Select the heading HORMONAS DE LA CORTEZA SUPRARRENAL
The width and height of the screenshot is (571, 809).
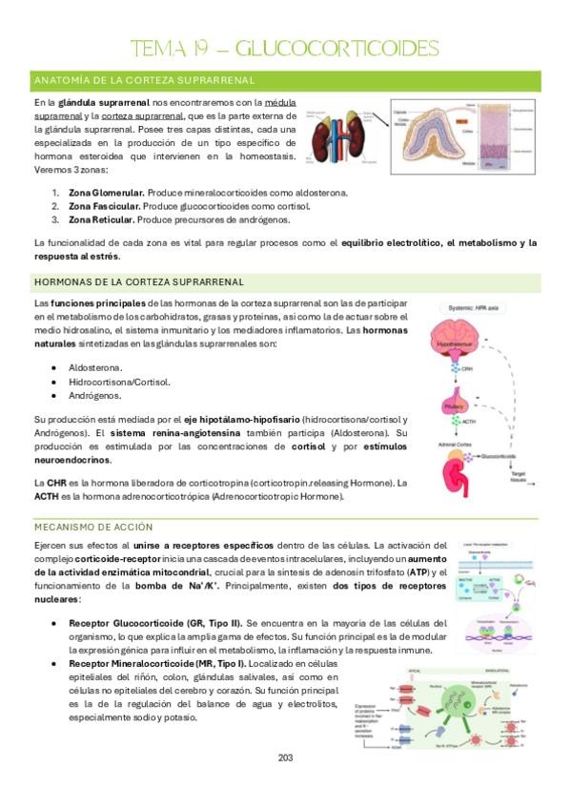pyautogui.click(x=137, y=281)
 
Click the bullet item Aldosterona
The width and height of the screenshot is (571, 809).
pyautogui.click(x=95, y=367)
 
